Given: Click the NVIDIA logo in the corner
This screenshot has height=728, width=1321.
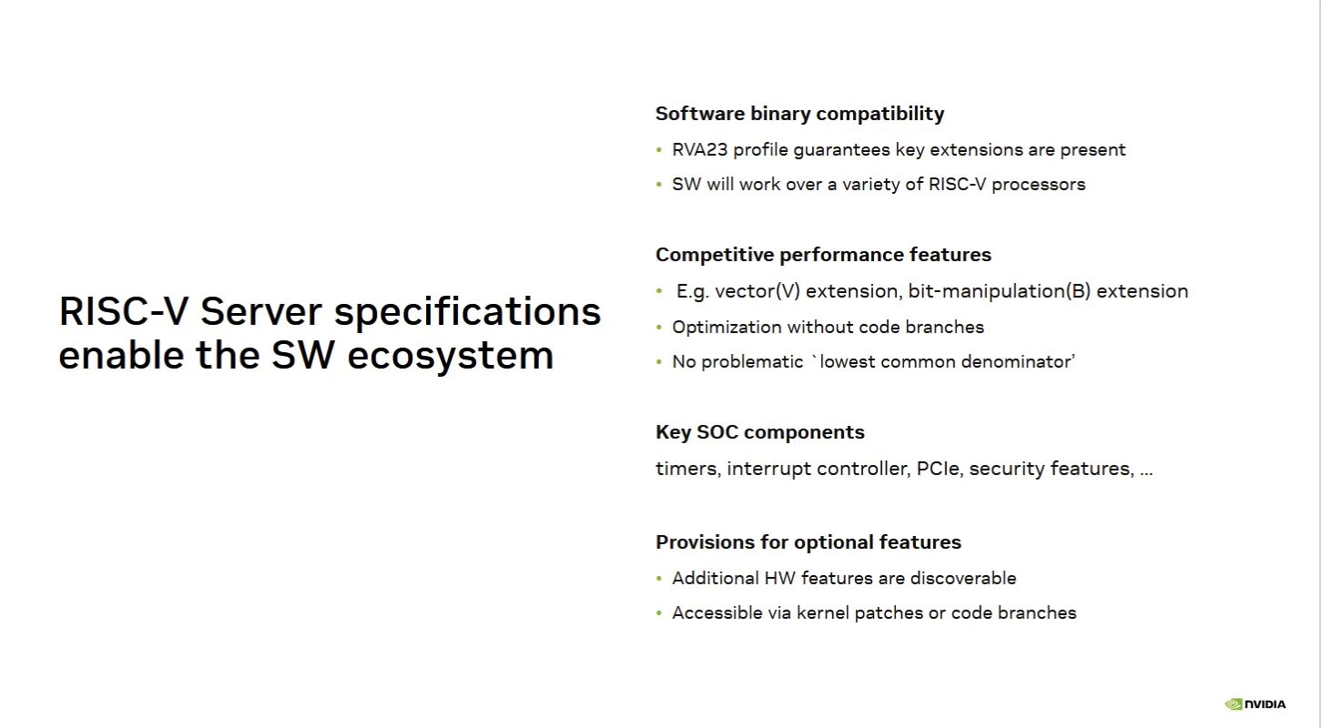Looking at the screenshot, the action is click(1255, 703).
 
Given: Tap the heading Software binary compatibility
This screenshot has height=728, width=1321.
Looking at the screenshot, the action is click(799, 113).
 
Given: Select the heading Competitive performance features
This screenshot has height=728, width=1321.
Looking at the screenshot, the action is click(823, 255).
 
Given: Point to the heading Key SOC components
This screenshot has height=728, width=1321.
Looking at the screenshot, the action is click(760, 432).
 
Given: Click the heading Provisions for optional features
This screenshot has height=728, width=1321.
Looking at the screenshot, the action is click(808, 542).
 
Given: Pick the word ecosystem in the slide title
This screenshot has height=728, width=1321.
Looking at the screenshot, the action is click(451, 356).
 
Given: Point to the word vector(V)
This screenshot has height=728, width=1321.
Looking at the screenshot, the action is click(757, 291).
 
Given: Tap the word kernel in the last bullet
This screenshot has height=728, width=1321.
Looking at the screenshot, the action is click(823, 613).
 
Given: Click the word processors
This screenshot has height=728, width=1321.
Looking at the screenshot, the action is click(1039, 185).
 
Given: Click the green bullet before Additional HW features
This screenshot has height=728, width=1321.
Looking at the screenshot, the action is click(659, 579).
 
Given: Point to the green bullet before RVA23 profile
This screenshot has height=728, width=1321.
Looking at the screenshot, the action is click(659, 150).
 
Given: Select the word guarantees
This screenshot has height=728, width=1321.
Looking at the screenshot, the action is click(841, 150).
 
